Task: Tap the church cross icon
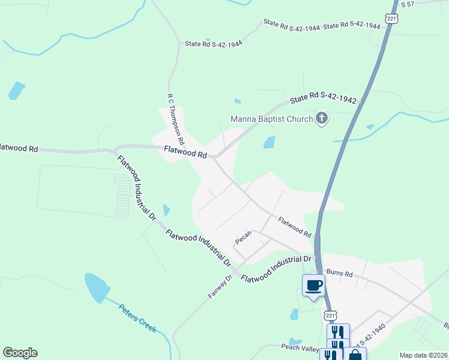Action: click(322, 118)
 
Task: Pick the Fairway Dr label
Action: click(220, 287)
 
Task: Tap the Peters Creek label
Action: click(137, 319)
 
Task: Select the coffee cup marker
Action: click(313, 284)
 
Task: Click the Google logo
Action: click(20, 353)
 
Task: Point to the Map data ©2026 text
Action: click(423, 355)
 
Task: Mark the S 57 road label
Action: click(408, 4)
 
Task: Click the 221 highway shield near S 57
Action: click(391, 19)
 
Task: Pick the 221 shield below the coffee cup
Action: click(330, 316)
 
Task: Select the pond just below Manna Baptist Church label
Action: click(270, 142)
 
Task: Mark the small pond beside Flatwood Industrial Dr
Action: click(166, 210)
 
